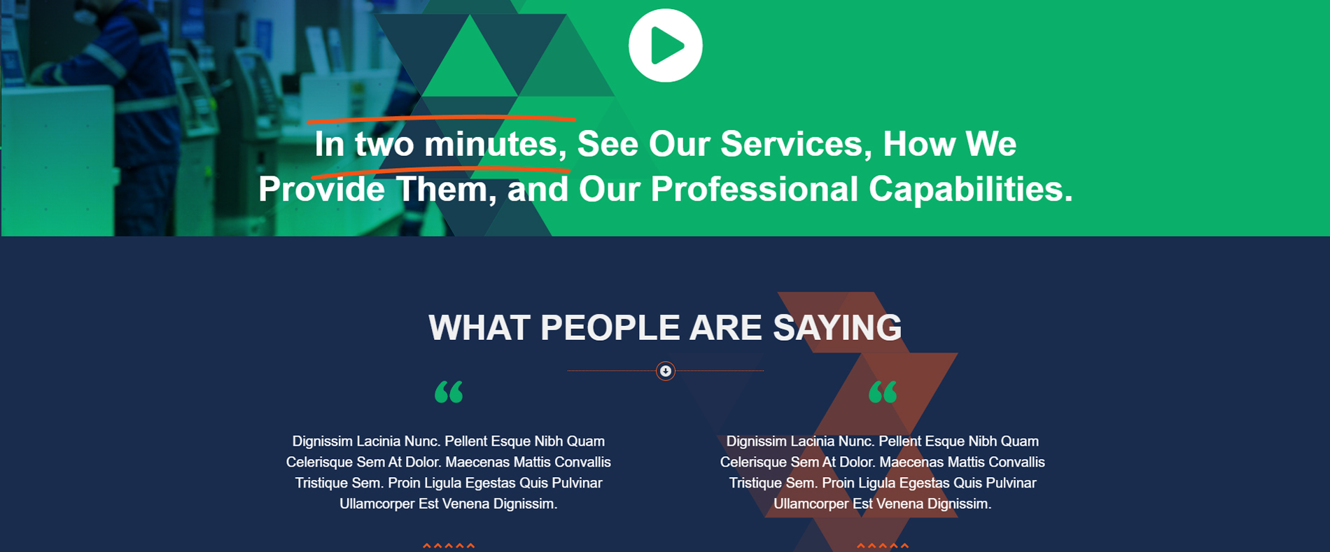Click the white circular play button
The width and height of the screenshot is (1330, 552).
click(x=665, y=45)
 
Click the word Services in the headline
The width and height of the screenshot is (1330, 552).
click(x=796, y=144)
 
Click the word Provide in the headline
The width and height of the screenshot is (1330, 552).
click(x=321, y=189)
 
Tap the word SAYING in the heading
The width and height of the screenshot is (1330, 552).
click(x=837, y=327)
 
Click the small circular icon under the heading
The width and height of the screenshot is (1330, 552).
click(x=666, y=371)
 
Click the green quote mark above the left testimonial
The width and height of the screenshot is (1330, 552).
click(x=449, y=392)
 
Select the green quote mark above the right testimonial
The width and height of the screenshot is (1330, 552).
click(x=883, y=392)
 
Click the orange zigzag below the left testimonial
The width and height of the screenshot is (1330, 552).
click(x=449, y=546)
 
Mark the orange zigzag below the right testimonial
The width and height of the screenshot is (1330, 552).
click(x=883, y=546)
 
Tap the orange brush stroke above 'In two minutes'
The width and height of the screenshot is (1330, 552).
click(x=441, y=118)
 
